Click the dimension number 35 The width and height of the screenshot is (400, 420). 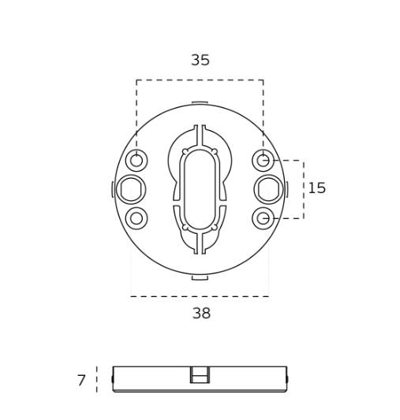point(200,60)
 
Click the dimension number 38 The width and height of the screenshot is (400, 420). point(201,313)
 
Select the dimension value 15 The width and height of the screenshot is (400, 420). point(317,188)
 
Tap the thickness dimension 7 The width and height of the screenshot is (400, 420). point(81,381)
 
